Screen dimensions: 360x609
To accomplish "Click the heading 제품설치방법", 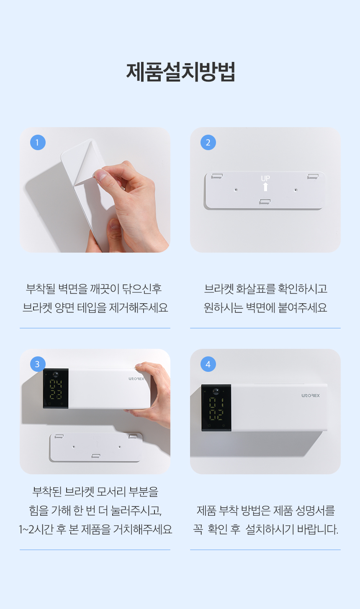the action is pos(180,72).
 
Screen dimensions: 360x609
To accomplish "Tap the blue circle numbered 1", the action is pos(38,143).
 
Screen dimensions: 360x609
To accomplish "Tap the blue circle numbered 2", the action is pos(208,143).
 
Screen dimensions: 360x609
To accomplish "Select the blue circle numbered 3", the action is pos(38,364).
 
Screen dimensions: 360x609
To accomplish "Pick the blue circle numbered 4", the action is pos(208,364).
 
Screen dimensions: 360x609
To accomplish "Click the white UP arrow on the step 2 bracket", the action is pos(265,187).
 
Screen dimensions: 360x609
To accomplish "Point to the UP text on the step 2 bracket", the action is pos(265,178).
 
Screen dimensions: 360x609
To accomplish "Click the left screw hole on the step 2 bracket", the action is pos(236,190).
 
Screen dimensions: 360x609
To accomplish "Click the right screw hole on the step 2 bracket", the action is pos(296,190).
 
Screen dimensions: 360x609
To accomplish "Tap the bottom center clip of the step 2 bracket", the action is pos(265,202).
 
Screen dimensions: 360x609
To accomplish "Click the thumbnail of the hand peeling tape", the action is pos(95,190).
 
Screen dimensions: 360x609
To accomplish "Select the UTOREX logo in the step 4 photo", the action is pos(311,396).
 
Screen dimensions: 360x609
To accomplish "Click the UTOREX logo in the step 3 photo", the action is pos(136,379).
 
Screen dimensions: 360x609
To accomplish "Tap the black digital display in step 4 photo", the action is pos(216,408).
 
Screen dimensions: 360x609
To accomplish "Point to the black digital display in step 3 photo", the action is pos(56,389).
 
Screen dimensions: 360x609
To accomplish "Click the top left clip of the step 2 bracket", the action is pos(217,176).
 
